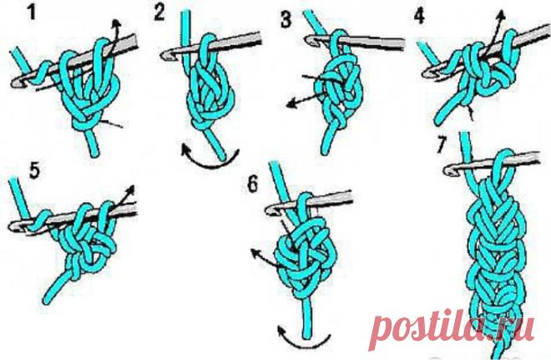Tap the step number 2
coord(159,13)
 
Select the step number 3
coord(286,19)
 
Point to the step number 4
coord(419,16)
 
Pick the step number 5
coord(34,171)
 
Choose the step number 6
coord(253,184)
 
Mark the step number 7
coord(442,145)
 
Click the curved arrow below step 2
coord(210,160)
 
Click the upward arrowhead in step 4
coord(501,15)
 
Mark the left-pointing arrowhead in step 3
coord(291,104)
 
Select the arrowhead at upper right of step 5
coord(131,189)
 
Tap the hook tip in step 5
coord(13,226)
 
